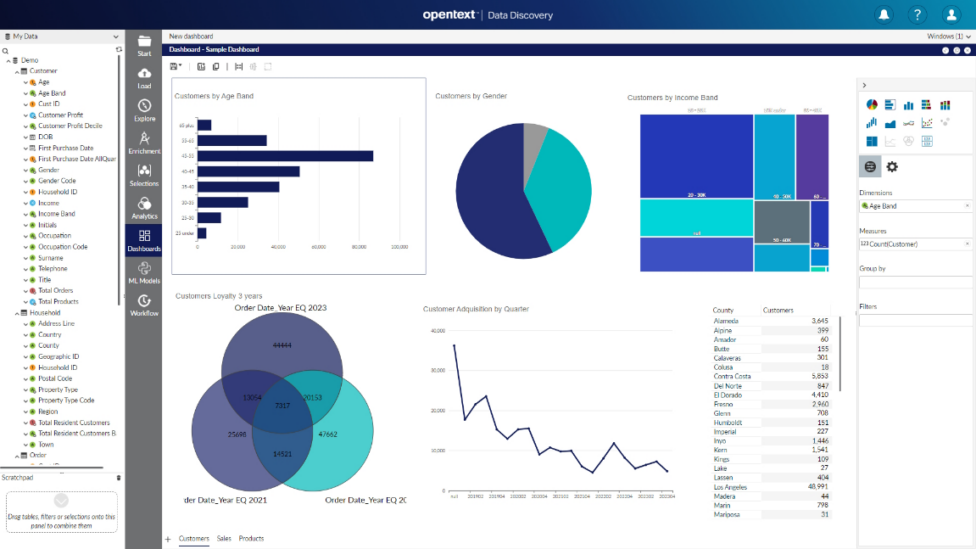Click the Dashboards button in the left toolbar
pyautogui.click(x=144, y=240)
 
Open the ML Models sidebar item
pyautogui.click(x=144, y=273)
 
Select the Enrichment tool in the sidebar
pyautogui.click(x=144, y=143)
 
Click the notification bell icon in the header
pyautogui.click(x=884, y=15)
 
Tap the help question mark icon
pyautogui.click(x=917, y=15)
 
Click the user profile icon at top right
pyautogui.click(x=951, y=15)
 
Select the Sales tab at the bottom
pyautogui.click(x=224, y=539)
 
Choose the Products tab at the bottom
pyautogui.click(x=251, y=539)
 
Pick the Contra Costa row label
pyautogui.click(x=732, y=376)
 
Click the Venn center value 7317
pyautogui.click(x=282, y=406)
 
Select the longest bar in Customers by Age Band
pyautogui.click(x=285, y=156)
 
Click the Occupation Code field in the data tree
pyautogui.click(x=63, y=247)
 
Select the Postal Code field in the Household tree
pyautogui.click(x=55, y=379)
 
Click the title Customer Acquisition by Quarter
pyautogui.click(x=476, y=310)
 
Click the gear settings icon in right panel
pyautogui.click(x=892, y=167)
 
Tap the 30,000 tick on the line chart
pyautogui.click(x=436, y=370)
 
